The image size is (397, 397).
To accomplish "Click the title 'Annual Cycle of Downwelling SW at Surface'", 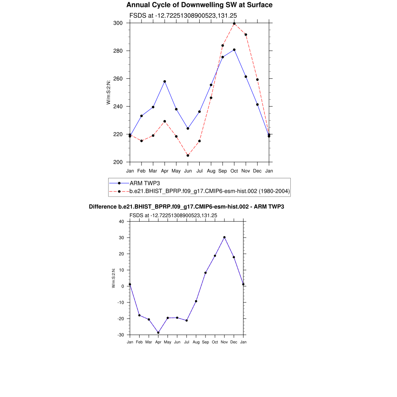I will point(199,5).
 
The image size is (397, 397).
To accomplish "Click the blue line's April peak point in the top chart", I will point(165,81).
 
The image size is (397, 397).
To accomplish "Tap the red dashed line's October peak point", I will point(234,24).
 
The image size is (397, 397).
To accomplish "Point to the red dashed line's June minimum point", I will point(188,155).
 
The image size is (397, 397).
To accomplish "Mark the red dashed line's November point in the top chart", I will point(246,35).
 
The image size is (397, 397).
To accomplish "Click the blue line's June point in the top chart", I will point(188,128).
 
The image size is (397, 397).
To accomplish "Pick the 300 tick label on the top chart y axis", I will point(118,23).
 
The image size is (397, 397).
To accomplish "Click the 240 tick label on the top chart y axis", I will point(118,107).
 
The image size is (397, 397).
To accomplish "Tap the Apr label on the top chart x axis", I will point(165,171).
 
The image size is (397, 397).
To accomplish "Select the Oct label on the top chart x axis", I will point(234,171).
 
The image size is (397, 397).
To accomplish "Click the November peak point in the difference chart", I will point(224,237).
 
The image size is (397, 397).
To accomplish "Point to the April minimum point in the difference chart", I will point(158,333).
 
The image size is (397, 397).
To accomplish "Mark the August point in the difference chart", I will point(196,301).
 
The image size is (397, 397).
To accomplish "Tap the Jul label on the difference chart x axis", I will point(186,342).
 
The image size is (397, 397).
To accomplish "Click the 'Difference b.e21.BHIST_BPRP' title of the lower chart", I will point(186,207).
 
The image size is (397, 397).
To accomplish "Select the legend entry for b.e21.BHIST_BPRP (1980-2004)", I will point(209,191).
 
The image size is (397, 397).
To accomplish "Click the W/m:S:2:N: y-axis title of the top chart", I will point(109,92).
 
